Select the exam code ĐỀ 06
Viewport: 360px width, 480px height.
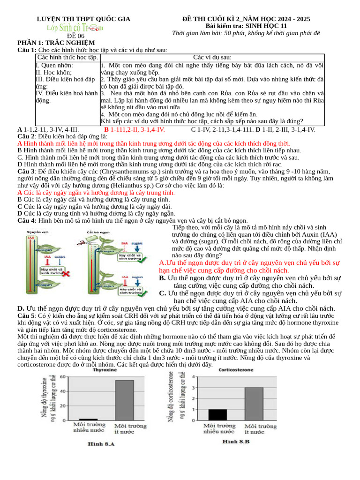click(75, 36)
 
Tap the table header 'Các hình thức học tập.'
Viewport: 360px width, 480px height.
click(67, 57)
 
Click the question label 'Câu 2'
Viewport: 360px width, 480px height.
click(27, 136)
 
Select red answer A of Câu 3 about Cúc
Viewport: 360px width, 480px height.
click(96, 193)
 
